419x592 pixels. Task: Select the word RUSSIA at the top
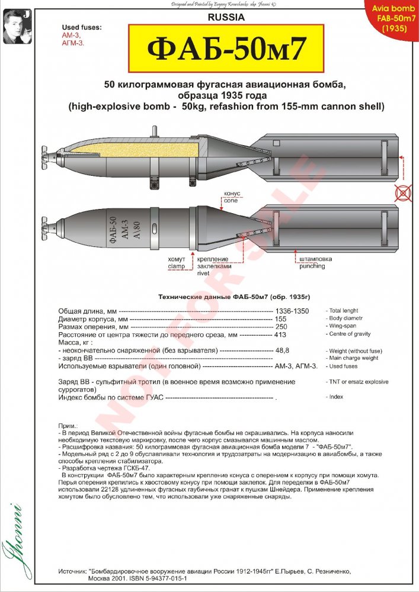point(225,18)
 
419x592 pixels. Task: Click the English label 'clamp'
point(176,266)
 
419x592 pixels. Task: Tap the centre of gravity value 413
point(282,334)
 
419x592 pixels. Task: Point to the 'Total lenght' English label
point(343,311)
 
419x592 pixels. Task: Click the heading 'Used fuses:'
point(82,28)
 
